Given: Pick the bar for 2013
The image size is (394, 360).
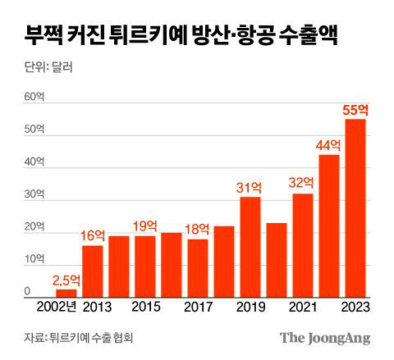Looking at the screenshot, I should click(x=92, y=271).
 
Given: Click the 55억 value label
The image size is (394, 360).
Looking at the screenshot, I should click(x=354, y=109).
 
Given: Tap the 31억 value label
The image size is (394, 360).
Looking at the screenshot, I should click(x=250, y=187).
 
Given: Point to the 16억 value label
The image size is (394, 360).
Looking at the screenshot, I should click(x=93, y=235).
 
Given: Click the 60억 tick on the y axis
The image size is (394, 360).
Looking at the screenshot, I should click(x=33, y=97).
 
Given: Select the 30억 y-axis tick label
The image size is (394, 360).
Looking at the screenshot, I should click(x=33, y=194).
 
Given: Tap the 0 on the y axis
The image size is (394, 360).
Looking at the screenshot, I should click(x=27, y=291).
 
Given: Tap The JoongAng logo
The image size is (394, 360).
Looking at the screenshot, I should click(x=325, y=337).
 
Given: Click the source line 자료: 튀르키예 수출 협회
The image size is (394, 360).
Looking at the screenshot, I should click(x=78, y=337).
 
